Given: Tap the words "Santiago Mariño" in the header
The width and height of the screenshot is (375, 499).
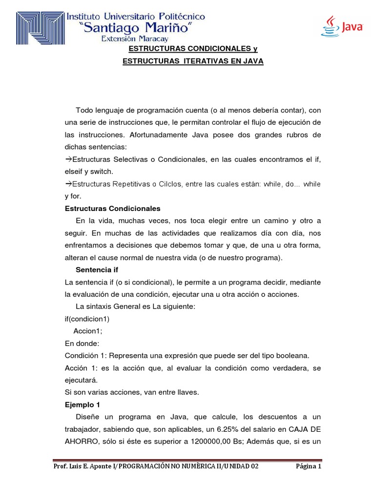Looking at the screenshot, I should pyautogui.click(x=142, y=28).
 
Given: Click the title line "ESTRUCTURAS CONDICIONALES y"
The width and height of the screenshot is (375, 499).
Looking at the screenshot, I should pyautogui.click(x=192, y=49).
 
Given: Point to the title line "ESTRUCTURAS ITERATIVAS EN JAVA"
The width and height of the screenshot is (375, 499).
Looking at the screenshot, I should pyautogui.click(x=192, y=61).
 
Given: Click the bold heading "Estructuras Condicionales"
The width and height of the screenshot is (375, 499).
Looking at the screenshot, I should pyautogui.click(x=112, y=209).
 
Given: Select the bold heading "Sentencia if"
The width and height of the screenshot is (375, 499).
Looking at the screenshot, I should pyautogui.click(x=97, y=269).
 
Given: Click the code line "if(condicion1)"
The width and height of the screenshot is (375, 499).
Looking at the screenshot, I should pyautogui.click(x=87, y=319).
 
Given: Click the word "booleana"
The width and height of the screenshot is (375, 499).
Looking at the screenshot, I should pyautogui.click(x=294, y=355).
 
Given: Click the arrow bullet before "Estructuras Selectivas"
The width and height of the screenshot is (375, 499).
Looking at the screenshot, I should pyautogui.click(x=68, y=159).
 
